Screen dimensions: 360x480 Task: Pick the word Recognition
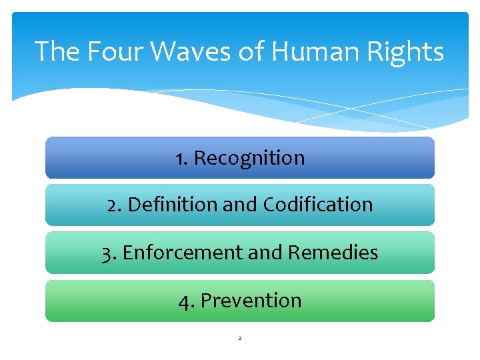coord(249,158)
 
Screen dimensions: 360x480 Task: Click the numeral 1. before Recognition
coord(181,158)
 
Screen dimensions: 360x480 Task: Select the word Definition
coord(172,205)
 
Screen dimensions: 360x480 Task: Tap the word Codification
coord(318,205)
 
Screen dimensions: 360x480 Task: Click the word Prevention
coord(251,301)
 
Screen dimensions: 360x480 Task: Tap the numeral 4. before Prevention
coord(187,301)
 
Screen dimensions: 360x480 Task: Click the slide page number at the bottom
coord(240,339)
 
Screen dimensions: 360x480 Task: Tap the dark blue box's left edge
coord(46,158)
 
